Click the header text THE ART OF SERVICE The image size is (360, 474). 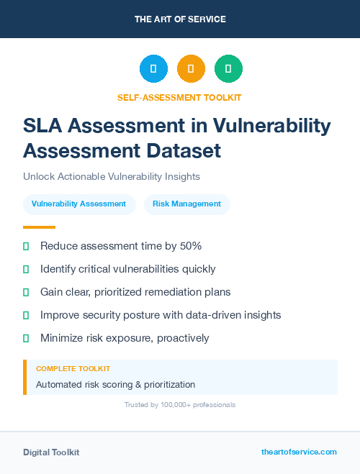[x=180, y=19]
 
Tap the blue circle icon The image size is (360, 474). [x=153, y=69]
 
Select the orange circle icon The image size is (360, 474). [x=191, y=69]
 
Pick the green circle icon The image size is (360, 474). [x=228, y=69]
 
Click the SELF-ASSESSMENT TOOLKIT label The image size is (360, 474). [x=179, y=97]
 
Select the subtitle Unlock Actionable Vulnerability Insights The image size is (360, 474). [x=111, y=176]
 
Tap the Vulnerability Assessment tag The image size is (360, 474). [x=79, y=204]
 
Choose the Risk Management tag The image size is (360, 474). [x=186, y=204]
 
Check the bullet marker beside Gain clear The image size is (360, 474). [x=26, y=292]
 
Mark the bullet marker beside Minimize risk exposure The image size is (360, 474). [x=26, y=338]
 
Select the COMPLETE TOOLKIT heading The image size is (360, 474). [x=73, y=369]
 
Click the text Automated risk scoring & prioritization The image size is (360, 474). [x=115, y=385]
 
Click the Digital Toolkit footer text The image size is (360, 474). [x=51, y=452]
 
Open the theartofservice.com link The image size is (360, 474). [x=299, y=452]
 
